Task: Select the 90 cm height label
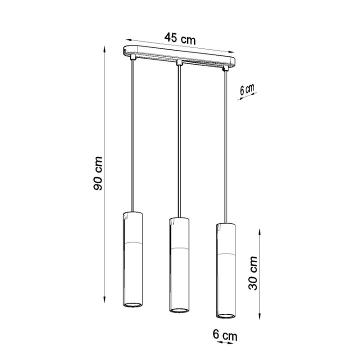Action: (98, 173)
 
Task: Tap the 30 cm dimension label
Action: (253, 273)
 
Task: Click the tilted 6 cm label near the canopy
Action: (246, 90)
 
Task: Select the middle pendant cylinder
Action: (178, 265)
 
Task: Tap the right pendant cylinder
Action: (225, 270)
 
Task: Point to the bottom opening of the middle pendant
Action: (178, 310)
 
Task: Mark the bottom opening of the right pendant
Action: (225, 315)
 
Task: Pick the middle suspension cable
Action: (178, 140)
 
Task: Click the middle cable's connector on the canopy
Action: (178, 63)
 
